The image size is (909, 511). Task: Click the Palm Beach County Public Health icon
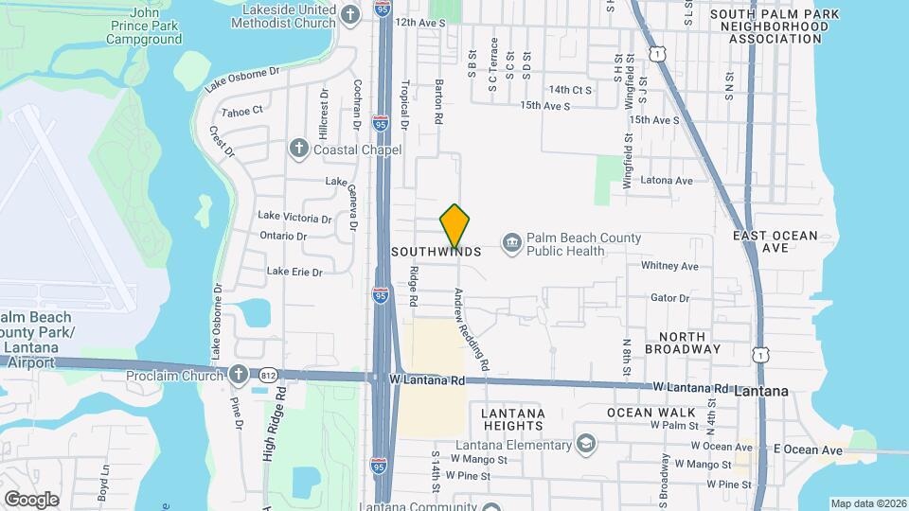coord(511,244)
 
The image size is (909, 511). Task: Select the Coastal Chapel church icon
coord(298,149)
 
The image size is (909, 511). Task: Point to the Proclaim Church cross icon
coord(239,376)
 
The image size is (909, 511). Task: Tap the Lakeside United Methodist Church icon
coord(350,14)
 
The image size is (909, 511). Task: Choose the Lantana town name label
coord(762,391)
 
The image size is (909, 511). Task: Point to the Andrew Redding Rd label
coord(471,328)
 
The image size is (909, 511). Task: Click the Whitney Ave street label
coord(669,267)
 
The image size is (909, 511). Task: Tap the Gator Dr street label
coord(669,298)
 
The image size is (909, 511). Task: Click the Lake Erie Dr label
coord(294,272)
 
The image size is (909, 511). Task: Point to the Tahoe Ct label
coord(241,111)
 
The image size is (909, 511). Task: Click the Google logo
coord(31,499)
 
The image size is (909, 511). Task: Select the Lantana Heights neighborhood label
coord(511,420)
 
